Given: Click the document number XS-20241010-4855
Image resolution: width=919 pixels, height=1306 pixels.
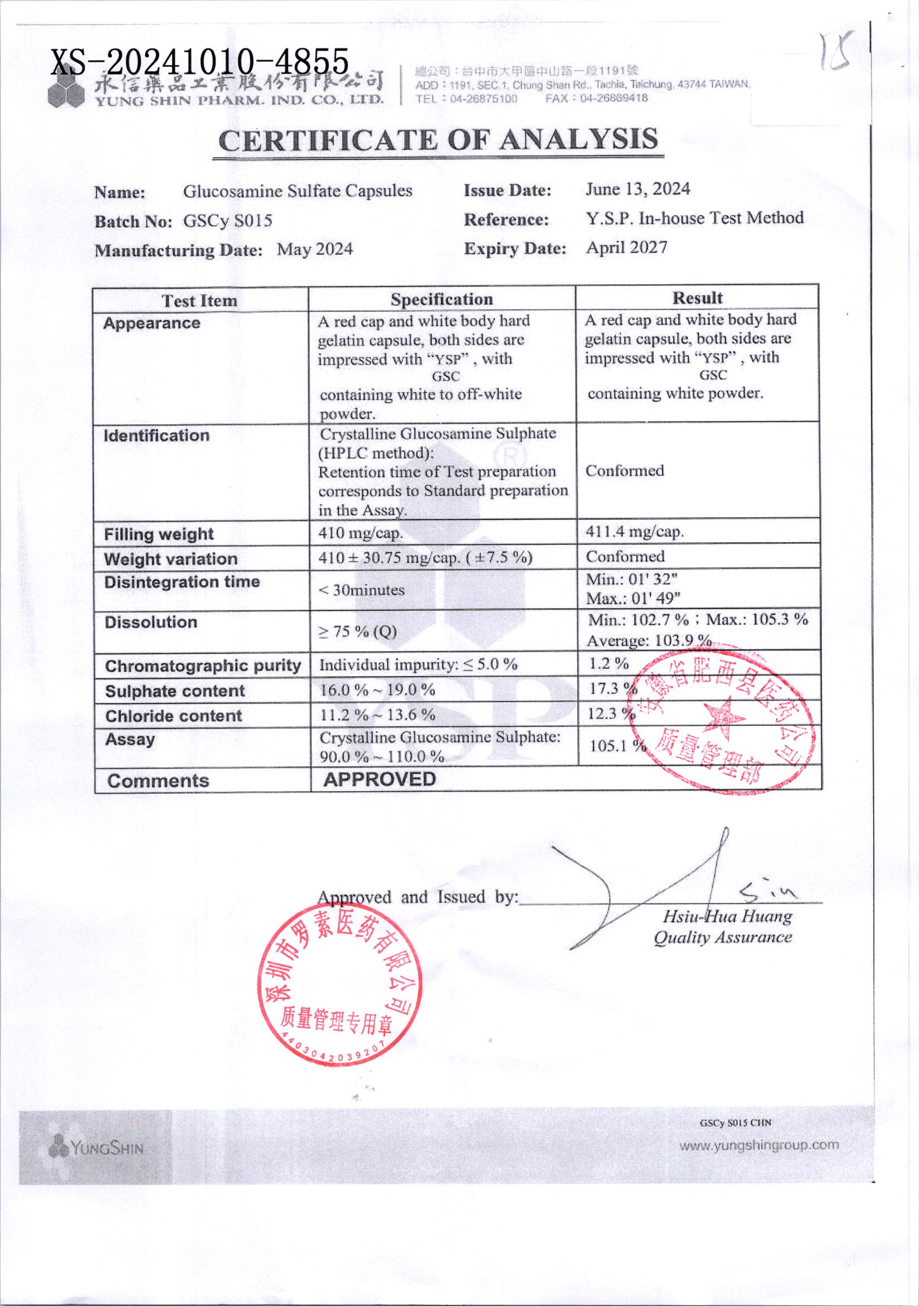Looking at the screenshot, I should tap(200, 61).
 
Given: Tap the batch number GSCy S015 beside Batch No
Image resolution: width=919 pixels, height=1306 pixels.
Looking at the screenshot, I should tap(227, 221).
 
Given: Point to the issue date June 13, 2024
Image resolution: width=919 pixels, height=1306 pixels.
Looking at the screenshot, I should tap(638, 189).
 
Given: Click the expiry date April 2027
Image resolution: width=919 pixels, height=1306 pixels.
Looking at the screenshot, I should tap(627, 247).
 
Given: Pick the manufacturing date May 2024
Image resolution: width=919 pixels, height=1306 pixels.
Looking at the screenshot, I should tap(314, 249).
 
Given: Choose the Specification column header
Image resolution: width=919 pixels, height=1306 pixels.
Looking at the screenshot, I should tap(441, 299).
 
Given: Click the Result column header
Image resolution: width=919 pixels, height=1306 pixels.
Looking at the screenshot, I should tap(697, 298).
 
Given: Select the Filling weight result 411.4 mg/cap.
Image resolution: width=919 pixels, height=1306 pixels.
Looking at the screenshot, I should tap(635, 532).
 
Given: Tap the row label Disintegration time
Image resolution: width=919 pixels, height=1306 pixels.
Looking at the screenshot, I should tap(182, 582).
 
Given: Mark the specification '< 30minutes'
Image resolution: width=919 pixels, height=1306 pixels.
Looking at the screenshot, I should tap(362, 590).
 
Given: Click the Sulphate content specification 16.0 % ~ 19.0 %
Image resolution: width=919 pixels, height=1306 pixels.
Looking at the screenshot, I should tap(377, 690).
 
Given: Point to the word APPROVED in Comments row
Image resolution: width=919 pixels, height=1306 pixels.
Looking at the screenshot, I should tap(380, 779).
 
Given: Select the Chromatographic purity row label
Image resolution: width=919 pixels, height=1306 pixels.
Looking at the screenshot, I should tap(202, 666).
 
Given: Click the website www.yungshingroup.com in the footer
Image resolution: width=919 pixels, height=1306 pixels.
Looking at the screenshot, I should tap(759, 1145).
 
